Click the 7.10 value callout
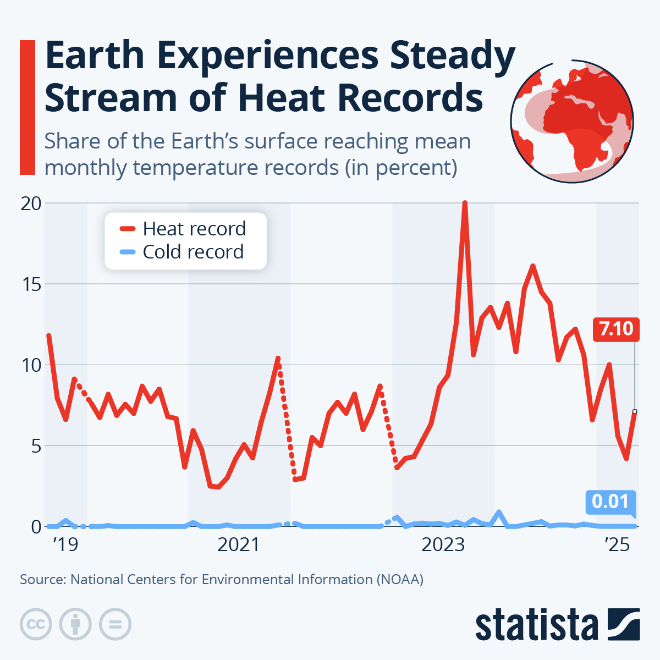point(616,329)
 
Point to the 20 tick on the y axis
point(31,204)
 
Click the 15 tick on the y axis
point(31,284)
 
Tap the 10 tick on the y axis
point(31,365)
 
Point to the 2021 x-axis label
point(239,545)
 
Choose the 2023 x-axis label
point(443,545)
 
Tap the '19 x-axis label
point(65,545)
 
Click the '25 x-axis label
point(617,545)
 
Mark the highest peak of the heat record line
point(465,204)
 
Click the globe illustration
point(572,121)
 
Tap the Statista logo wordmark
point(536,625)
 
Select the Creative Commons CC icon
point(36,624)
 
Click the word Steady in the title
point(452,56)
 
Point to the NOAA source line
point(222,580)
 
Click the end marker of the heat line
point(635,411)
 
